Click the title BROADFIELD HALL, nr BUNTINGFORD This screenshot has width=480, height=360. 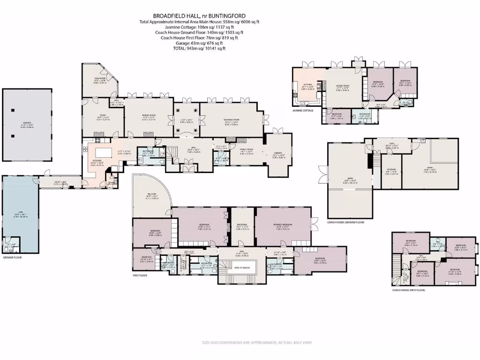(199, 15)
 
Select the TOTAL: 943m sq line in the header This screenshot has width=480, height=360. (199, 48)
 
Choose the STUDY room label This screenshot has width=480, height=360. (102, 117)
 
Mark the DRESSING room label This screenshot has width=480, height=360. (242, 225)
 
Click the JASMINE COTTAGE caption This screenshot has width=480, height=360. (303, 111)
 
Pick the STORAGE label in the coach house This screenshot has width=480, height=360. (391, 169)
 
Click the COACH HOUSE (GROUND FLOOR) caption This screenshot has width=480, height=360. (345, 222)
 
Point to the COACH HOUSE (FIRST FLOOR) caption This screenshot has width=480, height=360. (408, 290)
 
